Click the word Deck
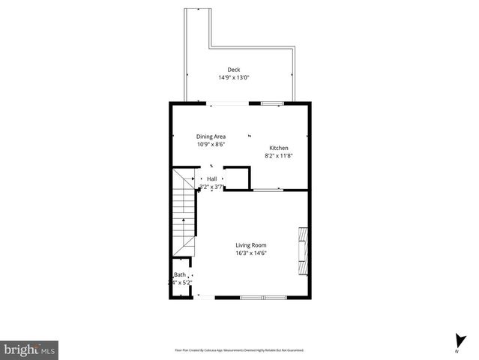(234, 70)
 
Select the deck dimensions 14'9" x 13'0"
(234, 77)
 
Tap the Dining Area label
(211, 136)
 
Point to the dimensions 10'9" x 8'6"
(211, 144)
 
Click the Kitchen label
(278, 148)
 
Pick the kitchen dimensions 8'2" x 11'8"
(278, 156)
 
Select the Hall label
(212, 178)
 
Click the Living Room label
(251, 245)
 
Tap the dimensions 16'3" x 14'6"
(251, 253)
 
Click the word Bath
(180, 274)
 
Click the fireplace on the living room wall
(303, 251)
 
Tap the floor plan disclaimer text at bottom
(239, 349)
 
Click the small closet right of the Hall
(237, 178)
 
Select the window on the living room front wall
(253, 298)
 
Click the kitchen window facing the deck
(271, 102)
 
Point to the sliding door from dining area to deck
(225, 102)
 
